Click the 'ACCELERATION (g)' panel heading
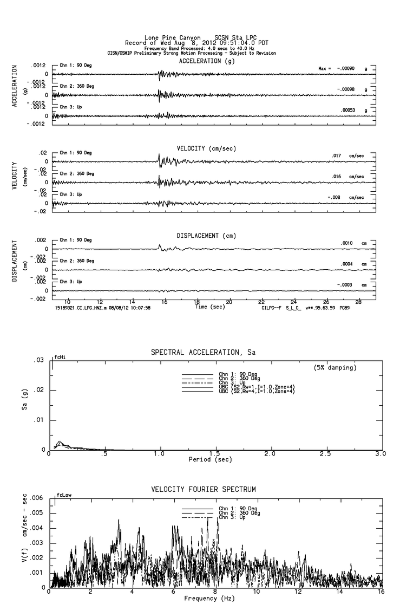(208, 61)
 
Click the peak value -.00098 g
(346, 89)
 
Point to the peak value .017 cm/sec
(336, 156)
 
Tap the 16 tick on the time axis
(165, 301)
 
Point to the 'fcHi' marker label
(60, 358)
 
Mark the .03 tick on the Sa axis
(40, 360)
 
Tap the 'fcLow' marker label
(62, 495)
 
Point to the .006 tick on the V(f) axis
(37, 497)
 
